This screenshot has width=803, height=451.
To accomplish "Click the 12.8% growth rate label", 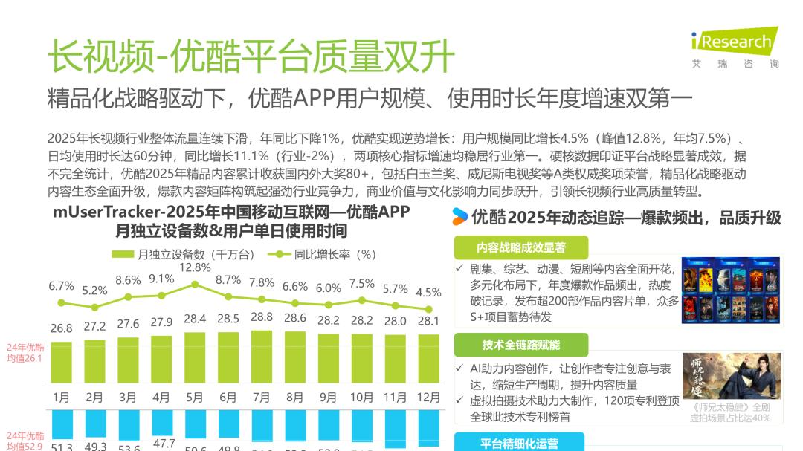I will pos(195,267).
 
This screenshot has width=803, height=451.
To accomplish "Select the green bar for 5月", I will pos(195,357).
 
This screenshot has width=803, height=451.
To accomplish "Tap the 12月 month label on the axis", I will pos(428,398).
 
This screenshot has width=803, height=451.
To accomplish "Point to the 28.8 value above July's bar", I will pos(262,317).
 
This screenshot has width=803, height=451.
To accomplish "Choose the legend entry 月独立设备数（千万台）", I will pos(183,254).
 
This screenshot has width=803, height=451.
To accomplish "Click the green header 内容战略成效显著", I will pos(520,247).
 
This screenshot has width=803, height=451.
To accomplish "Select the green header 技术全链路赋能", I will pos(520,345).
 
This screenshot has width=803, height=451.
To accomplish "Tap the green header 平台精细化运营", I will pos(520,444).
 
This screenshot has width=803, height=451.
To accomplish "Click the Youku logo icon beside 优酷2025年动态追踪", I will pos(460,217).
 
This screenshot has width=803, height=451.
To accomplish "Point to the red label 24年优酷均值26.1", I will pos(25,352).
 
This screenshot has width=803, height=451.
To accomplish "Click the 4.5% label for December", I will pos(428,291).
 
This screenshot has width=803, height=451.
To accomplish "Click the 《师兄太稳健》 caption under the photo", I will pos(731,412).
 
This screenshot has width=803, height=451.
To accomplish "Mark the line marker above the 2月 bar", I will pos(94,307).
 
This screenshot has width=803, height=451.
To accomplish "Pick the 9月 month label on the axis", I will pos(328,398).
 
